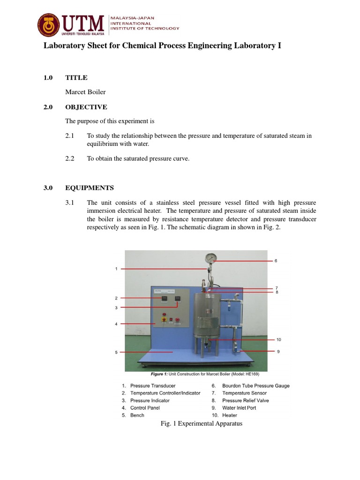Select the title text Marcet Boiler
(x=85, y=92)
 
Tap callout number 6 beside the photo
(x=276, y=261)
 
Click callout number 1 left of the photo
(x=116, y=269)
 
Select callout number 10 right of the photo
(x=278, y=339)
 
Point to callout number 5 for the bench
(x=116, y=352)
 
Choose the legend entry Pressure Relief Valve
(x=246, y=401)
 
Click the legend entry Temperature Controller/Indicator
(x=165, y=393)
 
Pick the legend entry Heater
(x=230, y=415)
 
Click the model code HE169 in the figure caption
(x=251, y=375)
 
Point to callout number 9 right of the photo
(x=278, y=351)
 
